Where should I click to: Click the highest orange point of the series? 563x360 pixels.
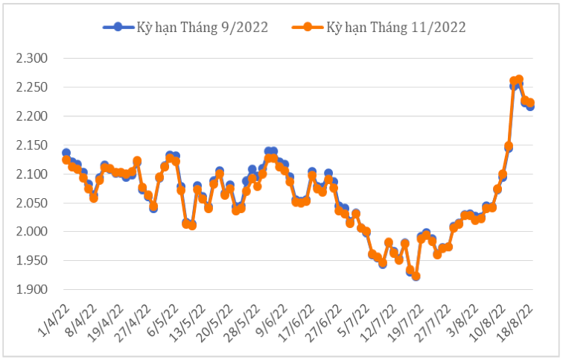click(519, 79)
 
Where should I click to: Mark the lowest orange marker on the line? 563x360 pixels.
click(416, 277)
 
